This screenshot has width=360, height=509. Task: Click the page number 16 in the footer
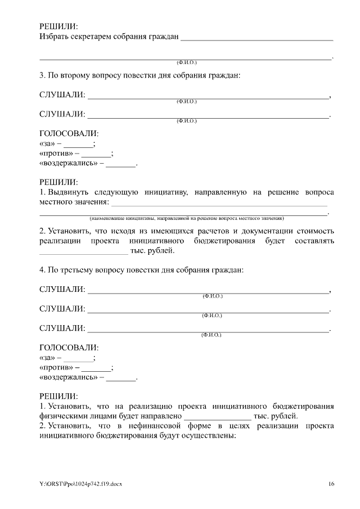pyautogui.click(x=331, y=484)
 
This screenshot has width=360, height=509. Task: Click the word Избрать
pyautogui.click(x=54, y=37)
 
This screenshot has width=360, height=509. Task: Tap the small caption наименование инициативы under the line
pyautogui.click(x=186, y=218)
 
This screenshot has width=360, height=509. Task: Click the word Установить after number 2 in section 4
pyautogui.click(x=70, y=426)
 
